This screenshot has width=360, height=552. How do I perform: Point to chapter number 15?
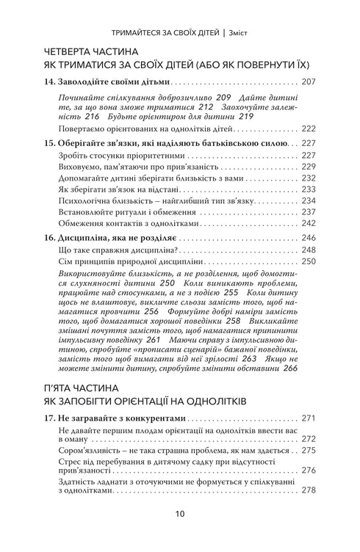coord(51,145)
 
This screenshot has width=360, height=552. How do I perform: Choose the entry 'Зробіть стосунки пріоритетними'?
coord(122,156)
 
